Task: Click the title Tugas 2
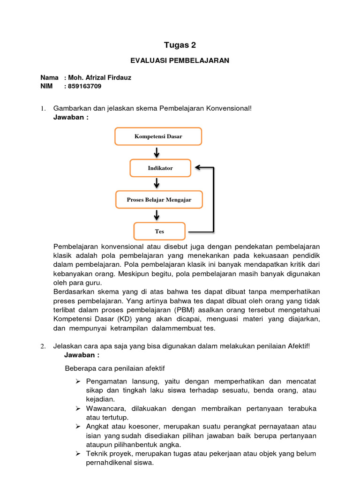point(180,45)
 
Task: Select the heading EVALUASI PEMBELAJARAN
point(180,60)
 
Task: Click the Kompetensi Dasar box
point(158,136)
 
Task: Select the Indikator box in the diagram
point(160,168)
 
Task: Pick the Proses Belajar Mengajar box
point(159,200)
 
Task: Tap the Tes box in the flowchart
point(160,231)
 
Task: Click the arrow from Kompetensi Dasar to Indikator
point(157,152)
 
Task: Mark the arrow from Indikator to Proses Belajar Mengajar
point(157,184)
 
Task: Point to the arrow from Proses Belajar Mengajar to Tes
point(157,215)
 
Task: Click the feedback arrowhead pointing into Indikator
point(198,167)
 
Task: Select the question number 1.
point(43,109)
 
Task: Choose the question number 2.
point(43,346)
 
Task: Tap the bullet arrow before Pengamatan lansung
point(78,381)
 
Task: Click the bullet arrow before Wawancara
point(78,409)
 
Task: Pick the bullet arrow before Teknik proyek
point(78,454)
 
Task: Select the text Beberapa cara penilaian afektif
point(115,368)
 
